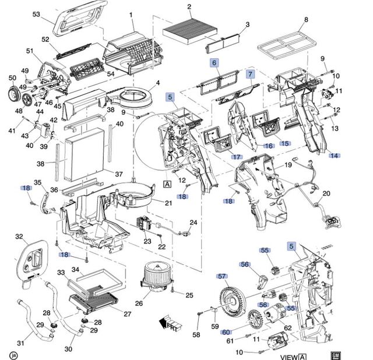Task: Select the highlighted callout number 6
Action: tap(214, 62)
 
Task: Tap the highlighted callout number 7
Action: tap(250, 74)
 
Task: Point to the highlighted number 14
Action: tap(334, 155)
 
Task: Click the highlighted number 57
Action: tap(221, 276)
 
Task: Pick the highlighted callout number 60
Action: tap(226, 332)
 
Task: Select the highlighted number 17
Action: tap(236, 157)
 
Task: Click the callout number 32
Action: tap(19, 237)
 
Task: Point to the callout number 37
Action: tap(118, 174)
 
